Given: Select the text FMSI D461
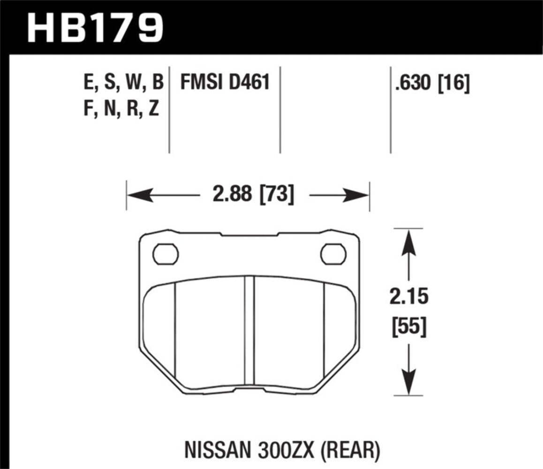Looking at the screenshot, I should coord(225,83).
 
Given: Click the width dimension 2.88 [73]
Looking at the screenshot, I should coord(253,195).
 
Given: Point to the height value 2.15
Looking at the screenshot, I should coord(409,297).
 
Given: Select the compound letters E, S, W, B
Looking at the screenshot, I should coord(123,83).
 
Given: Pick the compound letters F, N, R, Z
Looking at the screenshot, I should coord(121,110).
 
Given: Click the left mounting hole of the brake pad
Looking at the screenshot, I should coord(166,254).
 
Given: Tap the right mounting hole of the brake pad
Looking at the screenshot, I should coord(333,254).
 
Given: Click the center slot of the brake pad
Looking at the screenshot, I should coord(249,331).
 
